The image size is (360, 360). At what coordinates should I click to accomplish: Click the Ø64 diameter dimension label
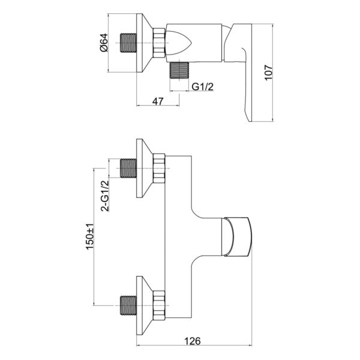click(x=104, y=43)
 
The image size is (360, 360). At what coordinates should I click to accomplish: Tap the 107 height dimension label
click(x=268, y=73)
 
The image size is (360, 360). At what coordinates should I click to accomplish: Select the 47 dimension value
click(x=158, y=101)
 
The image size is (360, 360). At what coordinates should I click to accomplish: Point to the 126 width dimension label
click(x=193, y=341)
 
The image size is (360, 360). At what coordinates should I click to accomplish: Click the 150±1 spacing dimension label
click(x=89, y=236)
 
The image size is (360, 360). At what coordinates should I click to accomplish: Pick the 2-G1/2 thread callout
click(x=105, y=196)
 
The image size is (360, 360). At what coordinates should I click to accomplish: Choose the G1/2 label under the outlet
click(x=203, y=86)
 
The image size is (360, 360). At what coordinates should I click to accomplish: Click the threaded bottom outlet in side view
click(x=179, y=70)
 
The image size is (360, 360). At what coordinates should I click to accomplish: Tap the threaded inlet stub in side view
click(x=128, y=43)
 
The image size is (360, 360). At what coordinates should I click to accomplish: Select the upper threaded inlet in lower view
click(x=128, y=168)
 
